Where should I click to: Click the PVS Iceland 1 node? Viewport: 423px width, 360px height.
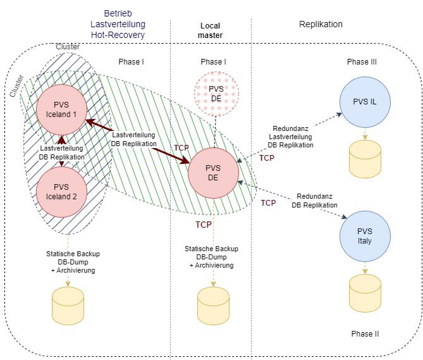click(61, 109)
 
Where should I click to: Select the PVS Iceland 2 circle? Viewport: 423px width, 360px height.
click(61, 191)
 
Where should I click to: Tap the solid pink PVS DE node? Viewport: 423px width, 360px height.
click(214, 172)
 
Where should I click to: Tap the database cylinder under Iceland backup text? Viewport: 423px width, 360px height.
click(68, 306)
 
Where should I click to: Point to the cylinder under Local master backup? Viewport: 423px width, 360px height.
click(214, 306)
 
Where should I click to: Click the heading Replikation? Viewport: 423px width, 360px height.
click(320, 24)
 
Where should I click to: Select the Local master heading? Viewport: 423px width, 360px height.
click(210, 30)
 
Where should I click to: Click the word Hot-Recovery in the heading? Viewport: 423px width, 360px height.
click(118, 35)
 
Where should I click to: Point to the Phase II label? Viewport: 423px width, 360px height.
click(365, 333)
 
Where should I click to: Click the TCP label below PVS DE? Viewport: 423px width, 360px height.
click(204, 225)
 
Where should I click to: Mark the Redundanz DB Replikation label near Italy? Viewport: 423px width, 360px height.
click(314, 201)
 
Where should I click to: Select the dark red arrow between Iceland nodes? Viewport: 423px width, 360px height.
click(61, 150)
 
